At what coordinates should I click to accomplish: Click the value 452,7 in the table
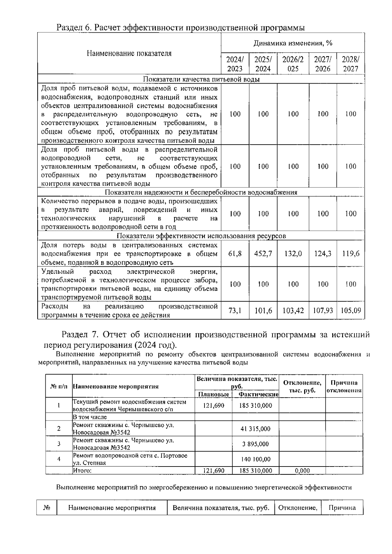(x=263, y=254)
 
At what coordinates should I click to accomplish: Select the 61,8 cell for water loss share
(x=235, y=254)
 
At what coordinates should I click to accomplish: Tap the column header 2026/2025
(x=293, y=64)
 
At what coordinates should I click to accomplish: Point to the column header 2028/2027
(x=351, y=64)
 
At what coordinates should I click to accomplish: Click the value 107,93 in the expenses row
(x=323, y=310)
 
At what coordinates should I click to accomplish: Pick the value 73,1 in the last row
(x=235, y=310)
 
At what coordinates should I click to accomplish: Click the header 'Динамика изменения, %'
(x=293, y=43)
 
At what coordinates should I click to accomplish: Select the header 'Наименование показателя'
(x=129, y=54)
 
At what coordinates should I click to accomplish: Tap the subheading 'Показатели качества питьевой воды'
(x=201, y=79)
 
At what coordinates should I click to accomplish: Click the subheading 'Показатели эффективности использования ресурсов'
(x=201, y=236)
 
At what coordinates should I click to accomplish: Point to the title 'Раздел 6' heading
(x=181, y=28)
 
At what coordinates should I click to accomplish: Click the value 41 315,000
(x=255, y=429)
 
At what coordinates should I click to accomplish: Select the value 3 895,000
(x=255, y=444)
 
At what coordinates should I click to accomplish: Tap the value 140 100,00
(x=255, y=459)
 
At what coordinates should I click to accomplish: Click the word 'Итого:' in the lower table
(x=82, y=470)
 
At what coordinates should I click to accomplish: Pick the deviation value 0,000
(x=302, y=470)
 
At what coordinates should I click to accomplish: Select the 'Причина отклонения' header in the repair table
(x=344, y=387)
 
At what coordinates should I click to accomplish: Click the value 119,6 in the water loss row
(x=351, y=254)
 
